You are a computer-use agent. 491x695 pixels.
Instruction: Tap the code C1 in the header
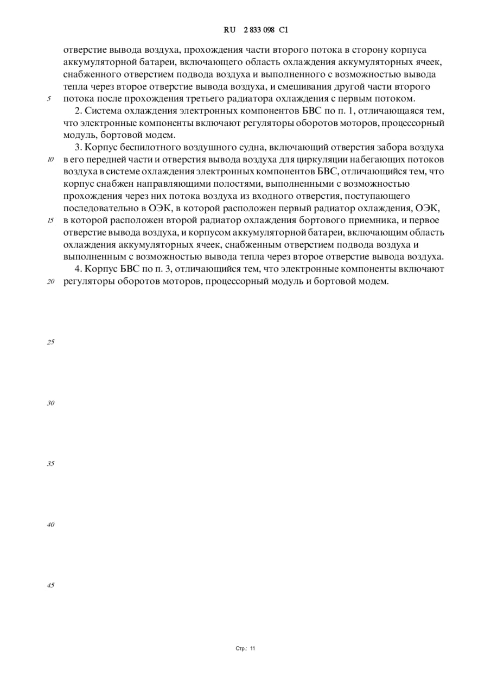click(283, 30)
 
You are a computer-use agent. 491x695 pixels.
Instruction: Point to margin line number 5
click(49, 99)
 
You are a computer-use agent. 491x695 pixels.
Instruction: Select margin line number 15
click(50, 220)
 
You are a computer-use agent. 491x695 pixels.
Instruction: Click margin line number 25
click(50, 343)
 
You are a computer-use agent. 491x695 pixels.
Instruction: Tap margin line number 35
click(50, 464)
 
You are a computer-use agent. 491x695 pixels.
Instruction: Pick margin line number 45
click(50, 586)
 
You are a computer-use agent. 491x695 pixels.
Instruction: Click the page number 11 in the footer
click(252, 648)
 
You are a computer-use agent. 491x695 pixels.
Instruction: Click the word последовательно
click(101, 208)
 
